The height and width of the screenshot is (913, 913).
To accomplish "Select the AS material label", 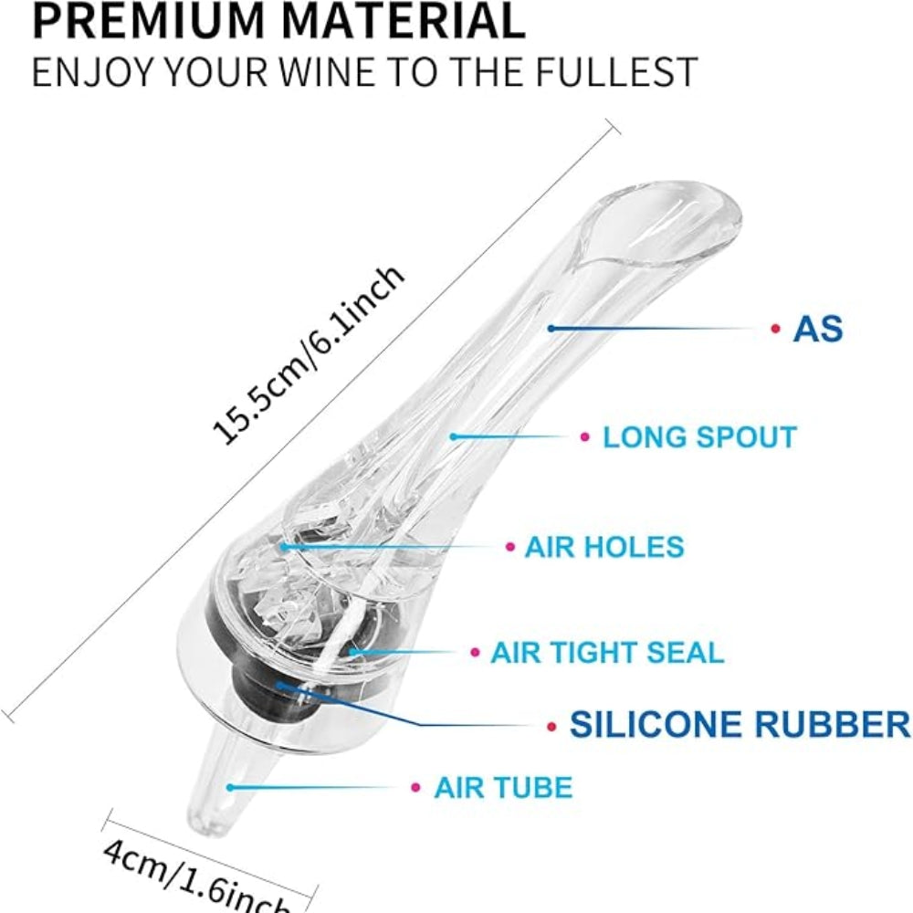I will [817, 328].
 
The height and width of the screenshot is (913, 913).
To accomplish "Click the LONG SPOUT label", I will [699, 436].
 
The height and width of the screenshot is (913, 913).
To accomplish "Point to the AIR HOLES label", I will [603, 547].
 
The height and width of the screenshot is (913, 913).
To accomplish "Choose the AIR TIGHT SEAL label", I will [607, 653].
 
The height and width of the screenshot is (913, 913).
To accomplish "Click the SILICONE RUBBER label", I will [740, 725].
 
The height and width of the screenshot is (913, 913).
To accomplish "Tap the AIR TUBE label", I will [503, 787].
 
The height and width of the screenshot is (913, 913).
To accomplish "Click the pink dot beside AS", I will [775, 328].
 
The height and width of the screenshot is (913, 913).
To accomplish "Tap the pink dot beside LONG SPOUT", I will [585, 437].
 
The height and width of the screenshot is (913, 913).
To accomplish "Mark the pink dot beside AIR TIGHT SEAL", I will [475, 653].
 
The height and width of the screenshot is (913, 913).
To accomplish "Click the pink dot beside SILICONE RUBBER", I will [551, 727].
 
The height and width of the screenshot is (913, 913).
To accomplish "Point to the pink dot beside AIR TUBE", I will [415, 787].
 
